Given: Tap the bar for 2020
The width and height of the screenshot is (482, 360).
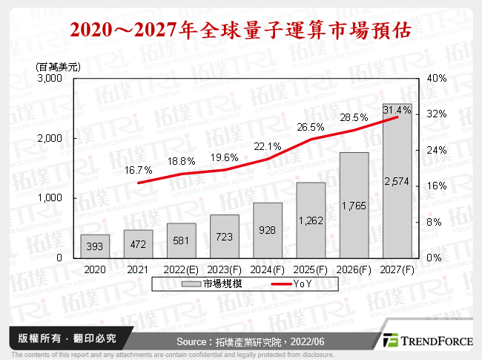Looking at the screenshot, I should (95, 246).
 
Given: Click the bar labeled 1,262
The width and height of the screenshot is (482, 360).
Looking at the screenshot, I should (311, 220).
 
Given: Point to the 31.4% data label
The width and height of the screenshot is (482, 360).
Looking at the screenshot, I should (397, 110).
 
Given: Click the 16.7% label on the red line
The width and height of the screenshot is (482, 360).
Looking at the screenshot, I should (137, 170).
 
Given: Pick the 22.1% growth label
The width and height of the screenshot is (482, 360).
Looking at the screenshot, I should (267, 146).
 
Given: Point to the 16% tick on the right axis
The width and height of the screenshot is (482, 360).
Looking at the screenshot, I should (438, 186).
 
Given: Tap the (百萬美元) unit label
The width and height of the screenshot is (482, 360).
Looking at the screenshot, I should (58, 66).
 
